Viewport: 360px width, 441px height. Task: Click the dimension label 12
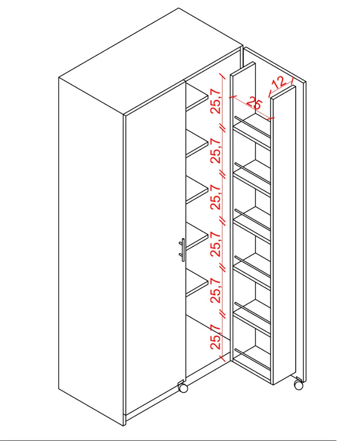point(279,82)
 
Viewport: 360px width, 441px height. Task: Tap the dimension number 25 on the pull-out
point(254,103)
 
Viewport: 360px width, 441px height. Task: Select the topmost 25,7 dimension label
point(216,101)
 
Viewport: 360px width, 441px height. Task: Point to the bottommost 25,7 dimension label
point(216,337)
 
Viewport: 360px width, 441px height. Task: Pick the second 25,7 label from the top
point(216,150)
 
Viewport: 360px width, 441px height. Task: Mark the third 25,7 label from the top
point(216,197)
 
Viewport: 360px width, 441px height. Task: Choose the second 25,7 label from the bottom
point(216,290)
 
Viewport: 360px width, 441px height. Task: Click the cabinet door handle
point(182,250)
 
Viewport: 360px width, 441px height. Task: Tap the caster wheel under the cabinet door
point(183,388)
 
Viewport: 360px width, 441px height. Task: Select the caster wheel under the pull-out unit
point(299,385)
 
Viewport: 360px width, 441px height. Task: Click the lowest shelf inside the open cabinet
point(197,287)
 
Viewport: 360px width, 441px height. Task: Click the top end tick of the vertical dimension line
point(223,77)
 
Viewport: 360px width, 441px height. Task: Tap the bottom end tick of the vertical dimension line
point(222,359)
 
